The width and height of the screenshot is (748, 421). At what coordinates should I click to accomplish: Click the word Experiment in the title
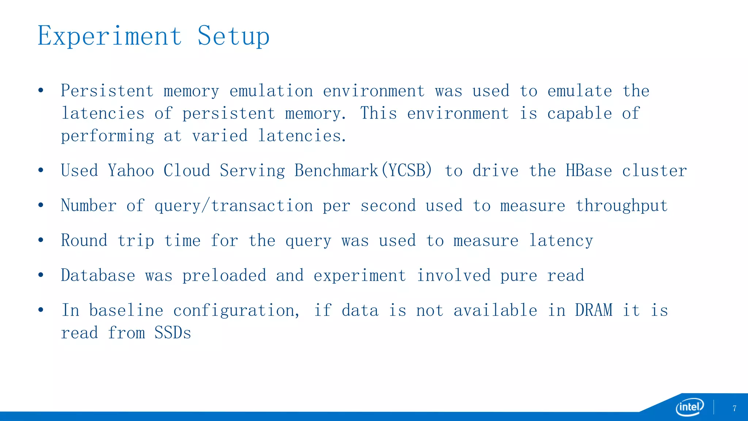click(x=110, y=37)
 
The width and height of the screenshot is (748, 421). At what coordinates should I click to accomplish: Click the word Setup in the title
click(x=233, y=37)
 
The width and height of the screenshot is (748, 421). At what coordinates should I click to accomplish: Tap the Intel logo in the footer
click(x=690, y=407)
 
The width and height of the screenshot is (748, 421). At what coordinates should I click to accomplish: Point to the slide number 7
click(x=734, y=409)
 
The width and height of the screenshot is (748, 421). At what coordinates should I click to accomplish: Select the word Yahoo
click(x=131, y=171)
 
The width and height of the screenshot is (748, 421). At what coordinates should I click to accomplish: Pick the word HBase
click(x=588, y=171)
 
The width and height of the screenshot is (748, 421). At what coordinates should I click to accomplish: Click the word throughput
click(x=622, y=206)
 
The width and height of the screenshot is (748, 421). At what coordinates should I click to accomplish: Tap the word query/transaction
click(x=234, y=206)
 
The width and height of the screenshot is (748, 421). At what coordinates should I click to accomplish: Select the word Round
click(x=84, y=240)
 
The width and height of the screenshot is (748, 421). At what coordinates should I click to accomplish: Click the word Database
click(x=98, y=276)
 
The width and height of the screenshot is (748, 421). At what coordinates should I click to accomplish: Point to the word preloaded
click(x=224, y=276)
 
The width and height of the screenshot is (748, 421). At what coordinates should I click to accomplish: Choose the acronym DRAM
click(x=594, y=310)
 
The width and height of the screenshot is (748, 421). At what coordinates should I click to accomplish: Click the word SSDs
click(x=172, y=333)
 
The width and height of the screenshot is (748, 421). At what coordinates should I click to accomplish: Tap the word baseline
click(x=126, y=310)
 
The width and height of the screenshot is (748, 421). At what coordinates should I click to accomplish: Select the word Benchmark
click(x=336, y=171)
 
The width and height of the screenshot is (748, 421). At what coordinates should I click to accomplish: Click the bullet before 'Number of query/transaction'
click(x=41, y=205)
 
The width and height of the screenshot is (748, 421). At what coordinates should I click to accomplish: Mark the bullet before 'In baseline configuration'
click(x=41, y=310)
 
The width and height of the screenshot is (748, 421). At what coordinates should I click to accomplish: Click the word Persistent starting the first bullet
click(x=107, y=91)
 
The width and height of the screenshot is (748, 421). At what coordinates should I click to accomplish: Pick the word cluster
click(x=654, y=171)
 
